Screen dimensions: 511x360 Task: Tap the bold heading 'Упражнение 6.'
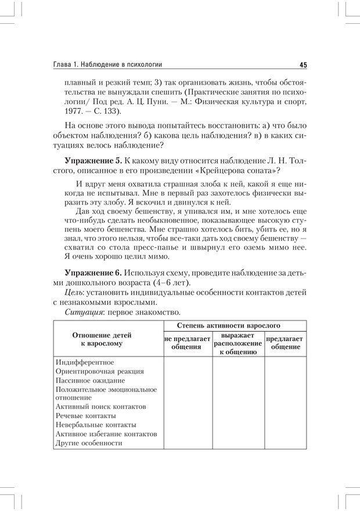coord(94,273)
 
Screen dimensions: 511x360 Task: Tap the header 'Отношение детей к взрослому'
coord(102,340)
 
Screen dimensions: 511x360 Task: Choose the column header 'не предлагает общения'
coord(186,343)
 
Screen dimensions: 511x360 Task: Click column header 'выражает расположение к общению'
coord(237,343)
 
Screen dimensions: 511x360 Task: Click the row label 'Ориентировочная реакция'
coord(100,371)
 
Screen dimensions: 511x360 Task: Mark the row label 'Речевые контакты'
coord(86,416)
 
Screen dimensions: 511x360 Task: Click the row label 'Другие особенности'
coord(89,443)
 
